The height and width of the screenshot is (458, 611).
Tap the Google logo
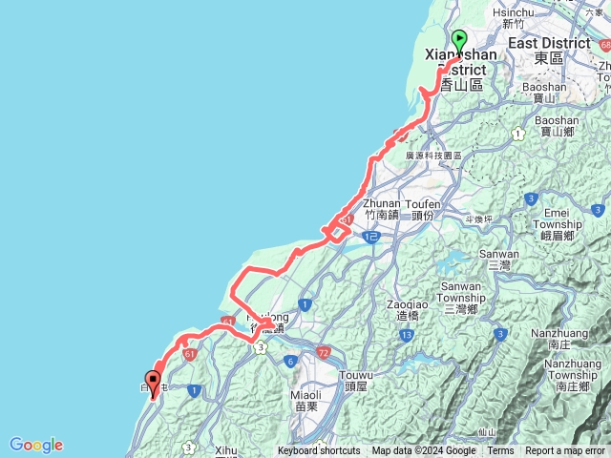(36, 445)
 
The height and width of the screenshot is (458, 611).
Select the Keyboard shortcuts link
(319, 451)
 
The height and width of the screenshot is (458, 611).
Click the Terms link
(500, 451)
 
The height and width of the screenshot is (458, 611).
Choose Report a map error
(565, 451)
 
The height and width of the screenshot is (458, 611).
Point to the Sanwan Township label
(461, 291)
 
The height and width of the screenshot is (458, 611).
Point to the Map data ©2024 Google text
(424, 451)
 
